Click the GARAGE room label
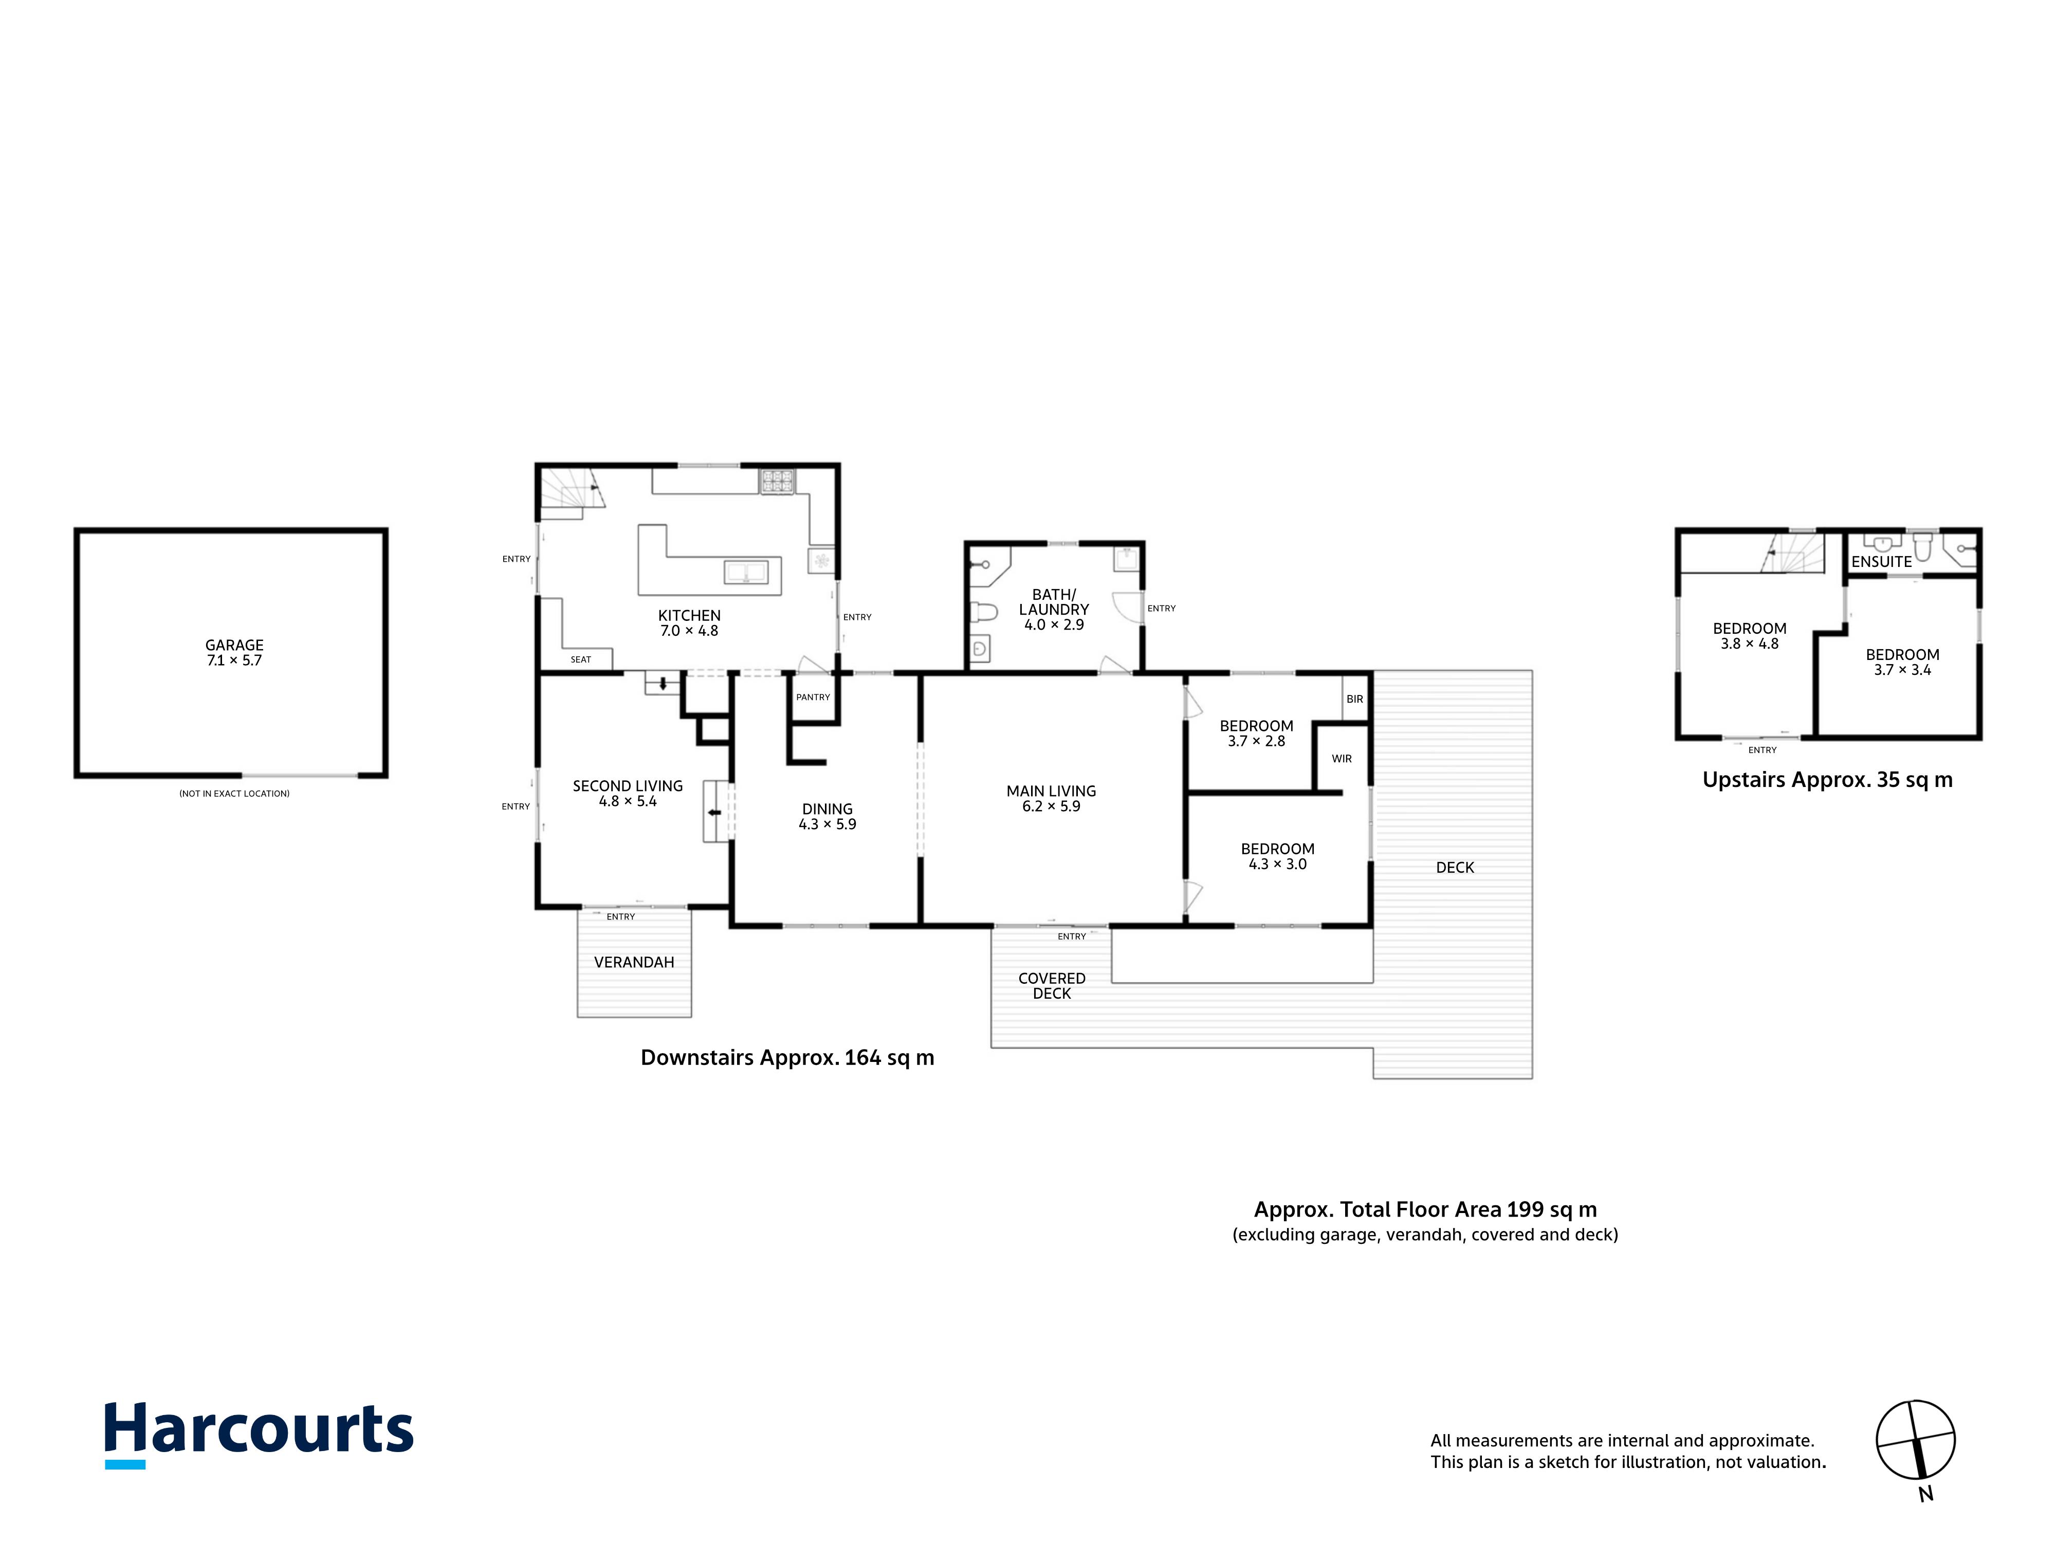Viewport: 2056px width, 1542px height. click(234, 645)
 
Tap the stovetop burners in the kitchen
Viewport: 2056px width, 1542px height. click(778, 481)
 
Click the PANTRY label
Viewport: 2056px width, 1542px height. click(813, 697)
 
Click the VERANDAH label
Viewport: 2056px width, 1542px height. click(634, 962)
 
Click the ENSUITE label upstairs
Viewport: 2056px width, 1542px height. click(1881, 561)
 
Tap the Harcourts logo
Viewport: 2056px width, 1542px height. click(259, 1434)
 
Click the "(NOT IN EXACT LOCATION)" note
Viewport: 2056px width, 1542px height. click(234, 794)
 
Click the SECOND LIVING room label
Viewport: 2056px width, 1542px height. click(628, 786)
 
